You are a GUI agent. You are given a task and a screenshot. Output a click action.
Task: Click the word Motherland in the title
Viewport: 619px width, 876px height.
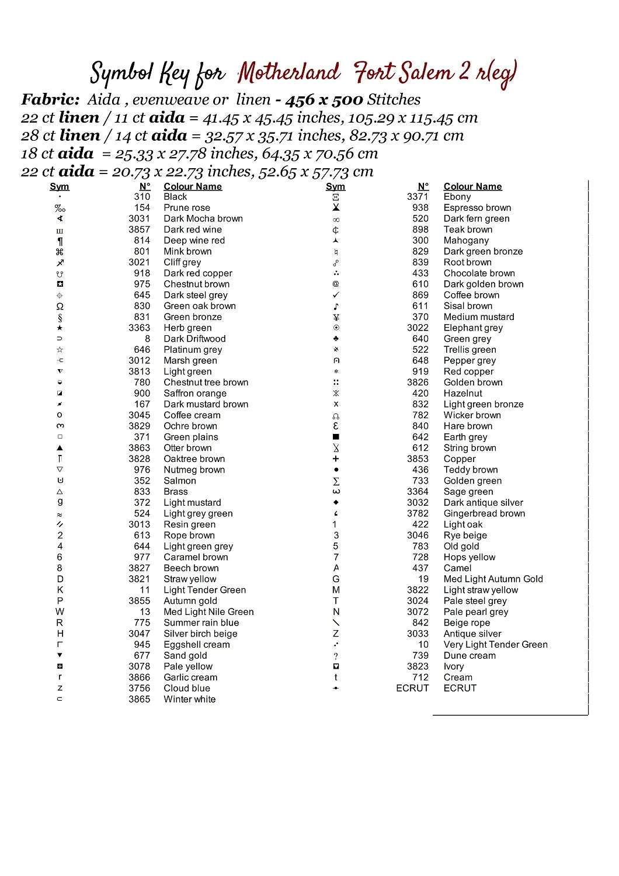coord(288,73)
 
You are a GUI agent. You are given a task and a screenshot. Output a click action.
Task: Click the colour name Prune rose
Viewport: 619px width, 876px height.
coord(187,208)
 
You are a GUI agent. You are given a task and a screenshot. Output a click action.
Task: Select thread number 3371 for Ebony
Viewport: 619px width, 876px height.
coord(418,197)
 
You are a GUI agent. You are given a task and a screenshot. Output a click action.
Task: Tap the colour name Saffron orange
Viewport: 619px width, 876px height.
coord(195,394)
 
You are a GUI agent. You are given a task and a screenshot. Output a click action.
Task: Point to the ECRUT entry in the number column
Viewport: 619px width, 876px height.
coord(412,689)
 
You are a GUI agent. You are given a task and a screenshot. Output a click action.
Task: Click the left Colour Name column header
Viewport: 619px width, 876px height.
coord(193,187)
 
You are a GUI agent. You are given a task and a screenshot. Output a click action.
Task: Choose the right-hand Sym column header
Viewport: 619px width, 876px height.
coord(335,187)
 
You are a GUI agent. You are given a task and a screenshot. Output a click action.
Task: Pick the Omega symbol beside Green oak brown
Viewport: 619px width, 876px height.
coord(60,307)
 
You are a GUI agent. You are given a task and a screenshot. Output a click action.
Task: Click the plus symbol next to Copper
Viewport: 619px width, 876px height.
coord(336,459)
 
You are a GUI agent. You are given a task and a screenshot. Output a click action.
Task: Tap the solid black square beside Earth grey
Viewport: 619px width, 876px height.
coord(336,437)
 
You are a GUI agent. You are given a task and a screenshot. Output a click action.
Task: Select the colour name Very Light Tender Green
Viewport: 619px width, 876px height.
coord(495,645)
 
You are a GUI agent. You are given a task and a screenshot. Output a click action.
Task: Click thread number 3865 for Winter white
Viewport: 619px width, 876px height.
coord(140,700)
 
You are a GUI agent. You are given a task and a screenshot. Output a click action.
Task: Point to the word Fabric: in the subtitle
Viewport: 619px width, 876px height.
coord(50,100)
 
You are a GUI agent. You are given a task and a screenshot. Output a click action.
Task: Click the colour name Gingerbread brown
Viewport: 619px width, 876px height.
coord(484,514)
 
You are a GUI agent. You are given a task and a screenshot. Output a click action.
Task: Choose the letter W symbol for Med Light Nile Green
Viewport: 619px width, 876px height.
coord(60,612)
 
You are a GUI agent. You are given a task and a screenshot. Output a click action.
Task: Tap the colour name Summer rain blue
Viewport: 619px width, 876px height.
coord(201,623)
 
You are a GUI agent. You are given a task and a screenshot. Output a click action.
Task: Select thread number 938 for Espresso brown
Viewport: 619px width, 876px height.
coord(420,208)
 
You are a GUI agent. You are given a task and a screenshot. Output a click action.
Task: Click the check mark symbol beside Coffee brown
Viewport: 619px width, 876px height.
coord(336,296)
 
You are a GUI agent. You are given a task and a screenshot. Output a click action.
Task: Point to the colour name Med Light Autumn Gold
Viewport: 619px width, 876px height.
coord(493,579)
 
